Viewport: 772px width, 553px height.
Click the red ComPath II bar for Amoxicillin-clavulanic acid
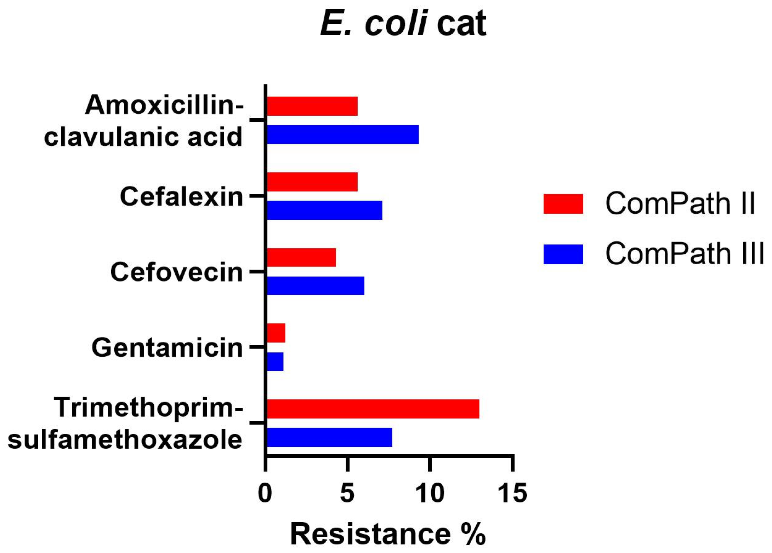[x=312, y=106]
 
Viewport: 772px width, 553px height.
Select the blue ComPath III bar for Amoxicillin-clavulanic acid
[x=342, y=134]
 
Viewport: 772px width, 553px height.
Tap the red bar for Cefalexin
[x=312, y=182]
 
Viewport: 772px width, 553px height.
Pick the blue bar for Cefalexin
[x=324, y=210]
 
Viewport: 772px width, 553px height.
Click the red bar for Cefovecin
[x=301, y=257]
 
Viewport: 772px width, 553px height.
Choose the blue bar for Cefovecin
[x=315, y=286]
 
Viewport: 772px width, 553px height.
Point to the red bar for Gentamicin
[x=276, y=333]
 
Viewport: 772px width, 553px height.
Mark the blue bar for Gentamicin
[x=275, y=362]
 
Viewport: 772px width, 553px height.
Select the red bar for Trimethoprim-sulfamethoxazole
[x=373, y=409]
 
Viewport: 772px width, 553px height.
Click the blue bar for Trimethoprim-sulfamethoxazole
[x=329, y=437]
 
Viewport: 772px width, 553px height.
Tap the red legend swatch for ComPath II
[x=563, y=204]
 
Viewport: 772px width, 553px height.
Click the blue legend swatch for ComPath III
[x=563, y=254]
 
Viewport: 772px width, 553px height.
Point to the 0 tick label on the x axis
[x=265, y=492]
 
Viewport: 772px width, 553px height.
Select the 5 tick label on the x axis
[x=347, y=492]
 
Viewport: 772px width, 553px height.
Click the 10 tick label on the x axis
[x=430, y=492]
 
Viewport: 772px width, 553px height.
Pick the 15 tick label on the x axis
[x=512, y=492]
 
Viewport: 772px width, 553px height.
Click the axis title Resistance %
[x=388, y=534]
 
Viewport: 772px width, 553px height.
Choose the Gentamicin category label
[x=167, y=348]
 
